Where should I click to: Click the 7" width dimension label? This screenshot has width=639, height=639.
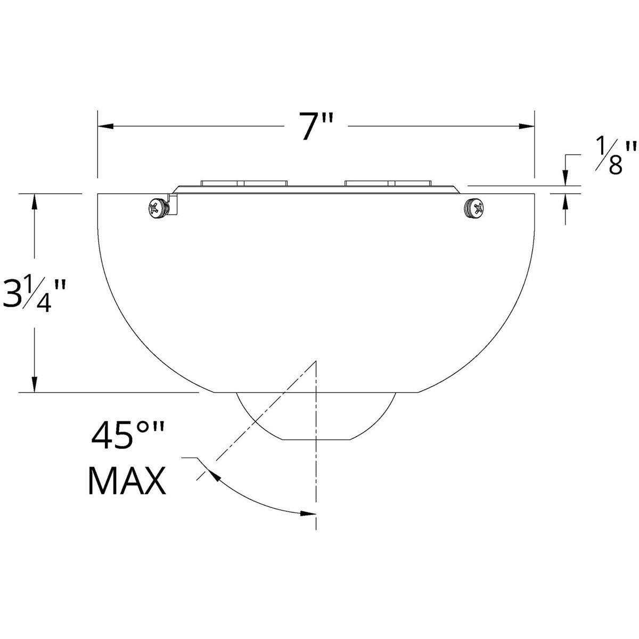coord(316,127)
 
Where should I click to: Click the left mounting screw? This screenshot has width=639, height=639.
coord(158,208)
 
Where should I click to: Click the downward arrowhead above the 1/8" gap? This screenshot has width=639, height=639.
coord(564,178)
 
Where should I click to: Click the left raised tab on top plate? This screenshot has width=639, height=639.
coord(244,183)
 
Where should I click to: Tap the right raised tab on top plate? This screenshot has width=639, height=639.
coord(388,183)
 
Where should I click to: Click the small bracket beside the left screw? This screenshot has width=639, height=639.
coord(173,204)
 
